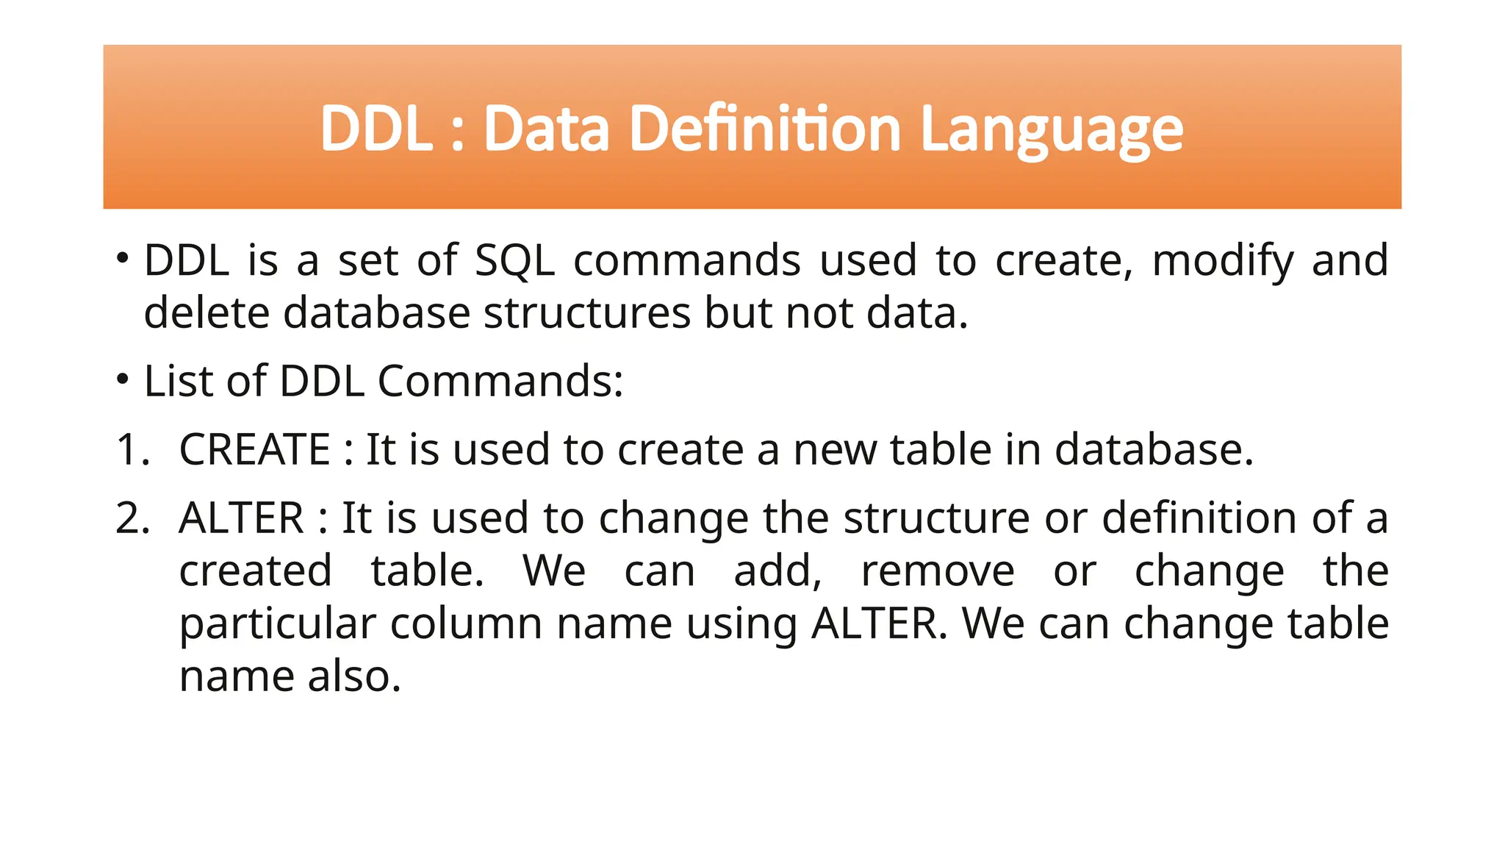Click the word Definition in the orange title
click(765, 129)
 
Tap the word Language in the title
click(1052, 130)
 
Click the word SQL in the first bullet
click(514, 261)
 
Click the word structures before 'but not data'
click(586, 313)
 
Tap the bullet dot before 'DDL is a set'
click(123, 258)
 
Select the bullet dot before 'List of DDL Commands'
click(123, 379)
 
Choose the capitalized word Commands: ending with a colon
click(500, 381)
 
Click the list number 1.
click(132, 449)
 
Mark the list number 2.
click(132, 518)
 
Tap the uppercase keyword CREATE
click(254, 449)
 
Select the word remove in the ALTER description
click(937, 571)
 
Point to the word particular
click(278, 624)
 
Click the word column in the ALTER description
click(467, 624)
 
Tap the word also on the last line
click(354, 676)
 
